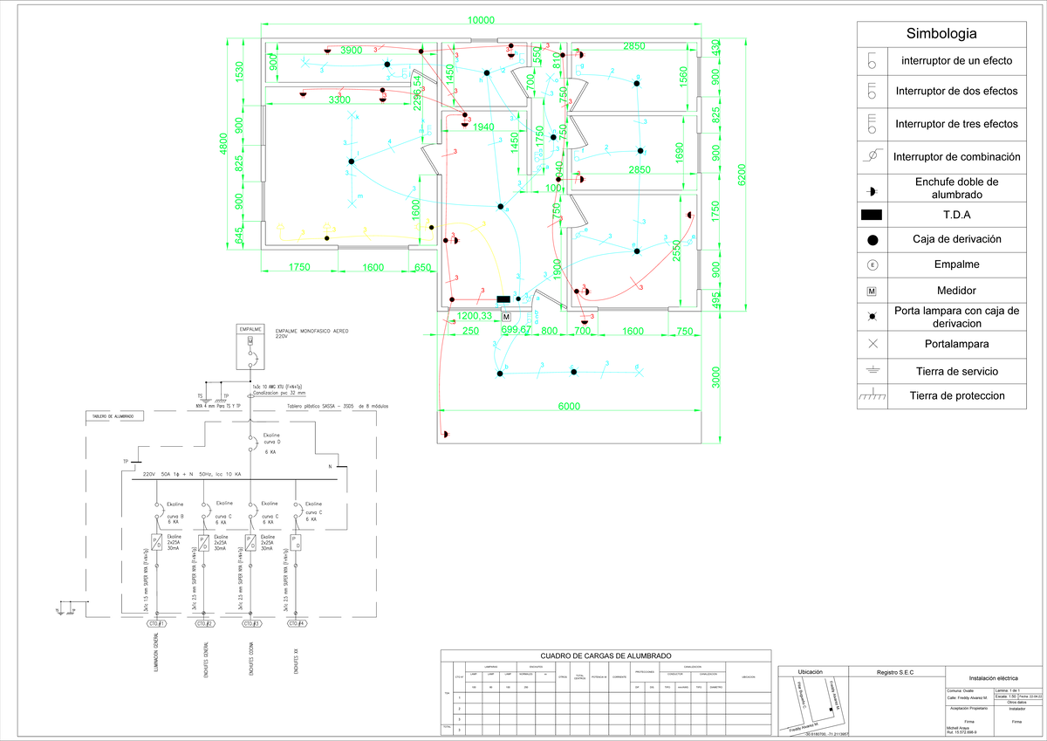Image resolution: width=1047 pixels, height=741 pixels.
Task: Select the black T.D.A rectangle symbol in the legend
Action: point(872,215)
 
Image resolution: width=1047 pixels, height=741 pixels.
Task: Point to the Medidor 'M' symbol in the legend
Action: point(872,291)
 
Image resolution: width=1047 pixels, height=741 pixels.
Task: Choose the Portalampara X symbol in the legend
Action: point(872,344)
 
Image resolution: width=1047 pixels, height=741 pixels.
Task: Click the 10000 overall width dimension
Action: point(481,20)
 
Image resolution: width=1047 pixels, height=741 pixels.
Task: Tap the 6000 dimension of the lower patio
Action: point(570,407)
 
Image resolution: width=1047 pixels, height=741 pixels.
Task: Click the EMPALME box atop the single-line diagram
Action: point(250,330)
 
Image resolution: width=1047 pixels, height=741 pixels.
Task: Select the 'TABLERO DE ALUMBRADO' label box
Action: point(114,416)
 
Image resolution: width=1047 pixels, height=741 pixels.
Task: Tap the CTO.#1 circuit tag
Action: point(157,624)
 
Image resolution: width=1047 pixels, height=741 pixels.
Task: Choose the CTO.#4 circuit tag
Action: point(298,624)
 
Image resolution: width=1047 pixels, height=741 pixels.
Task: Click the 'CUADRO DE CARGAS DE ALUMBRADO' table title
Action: point(606,655)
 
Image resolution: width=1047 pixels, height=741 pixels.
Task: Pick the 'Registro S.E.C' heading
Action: point(900,671)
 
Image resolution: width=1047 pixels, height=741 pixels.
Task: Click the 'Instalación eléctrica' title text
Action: point(994,677)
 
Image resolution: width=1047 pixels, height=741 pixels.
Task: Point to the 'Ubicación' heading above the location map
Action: point(811,671)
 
